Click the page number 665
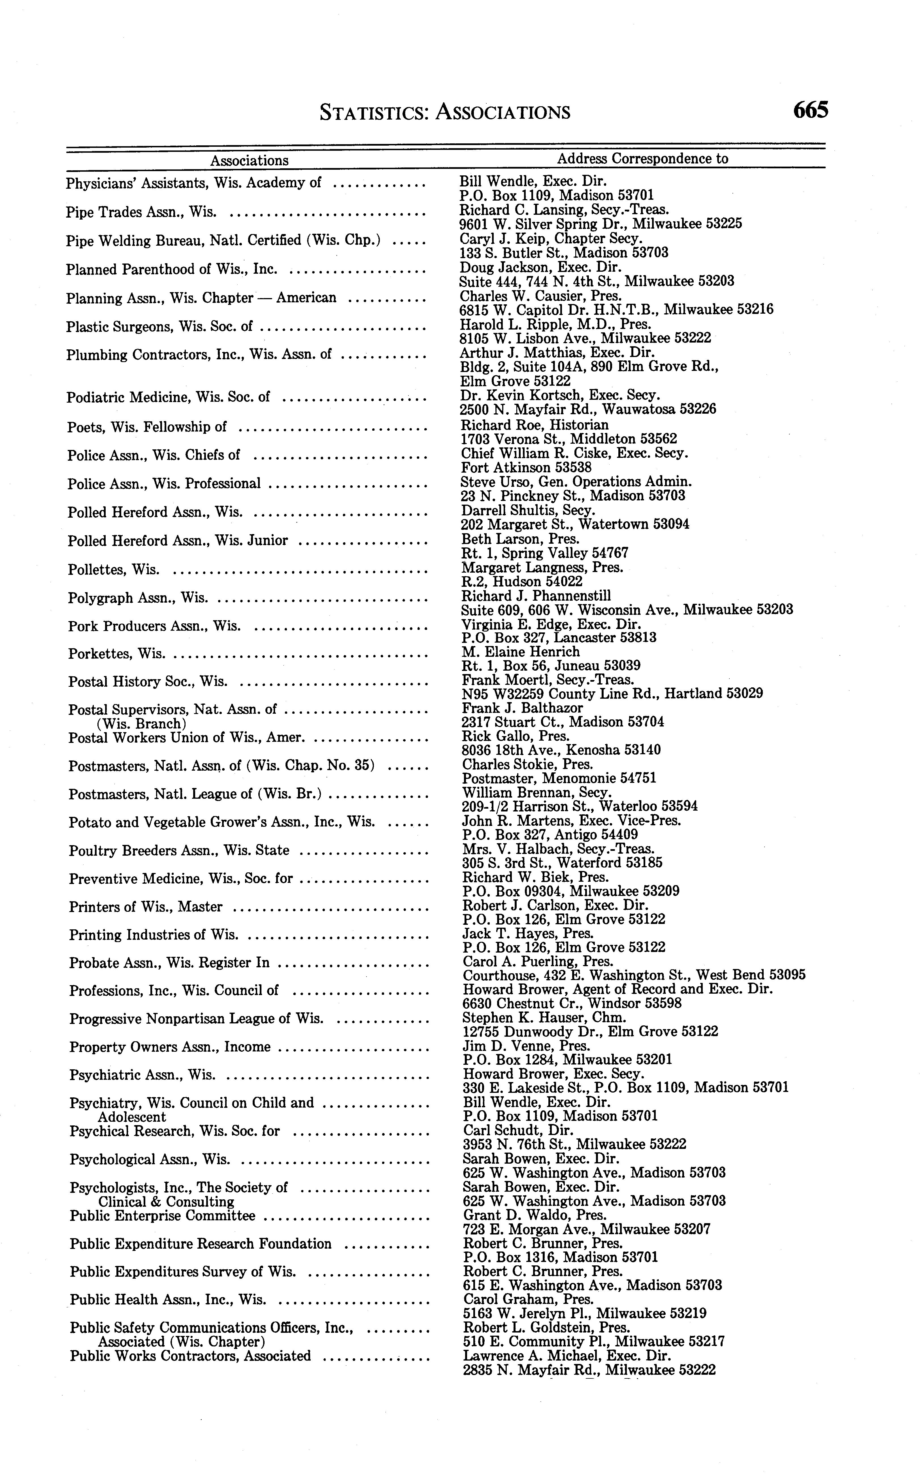810,111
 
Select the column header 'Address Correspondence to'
642,159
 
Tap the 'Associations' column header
250,161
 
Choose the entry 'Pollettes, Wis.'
114,570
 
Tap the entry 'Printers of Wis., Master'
145,907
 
